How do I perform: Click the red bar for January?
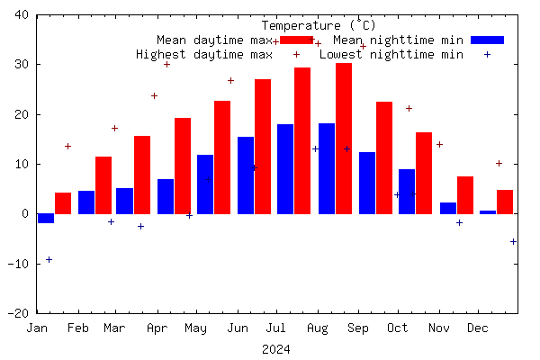[63, 203]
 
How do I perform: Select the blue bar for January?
[45, 219]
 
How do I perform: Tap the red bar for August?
[343, 139]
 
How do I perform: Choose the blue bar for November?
[448, 208]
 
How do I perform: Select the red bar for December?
[505, 202]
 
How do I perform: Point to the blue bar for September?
[367, 183]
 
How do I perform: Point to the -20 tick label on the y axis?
[18, 313]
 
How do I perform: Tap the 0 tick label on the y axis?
[25, 214]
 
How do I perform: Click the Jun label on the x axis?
[237, 328]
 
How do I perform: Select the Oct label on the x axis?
[397, 328]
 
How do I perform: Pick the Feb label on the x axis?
[78, 328]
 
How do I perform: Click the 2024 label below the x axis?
[276, 349]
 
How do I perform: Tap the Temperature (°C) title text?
[319, 25]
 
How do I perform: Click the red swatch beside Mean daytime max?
[295, 40]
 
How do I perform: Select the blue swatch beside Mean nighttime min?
[488, 40]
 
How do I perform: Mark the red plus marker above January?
[67, 146]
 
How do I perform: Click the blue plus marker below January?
[49, 259]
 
